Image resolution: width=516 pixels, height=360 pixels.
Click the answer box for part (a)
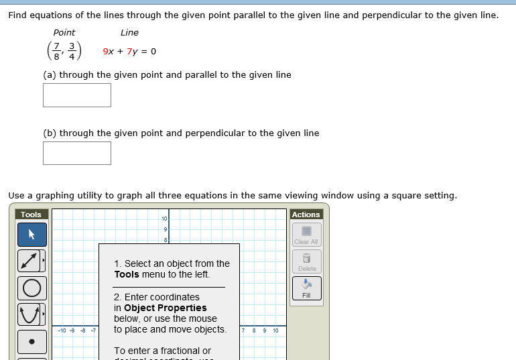point(77,95)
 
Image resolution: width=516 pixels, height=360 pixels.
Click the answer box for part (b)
point(77,153)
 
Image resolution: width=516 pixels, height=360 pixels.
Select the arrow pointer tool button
point(32,235)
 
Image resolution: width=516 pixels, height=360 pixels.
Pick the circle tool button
point(32,288)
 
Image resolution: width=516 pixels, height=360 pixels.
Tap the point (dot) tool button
point(32,341)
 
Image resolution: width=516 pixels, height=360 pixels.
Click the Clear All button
point(306,235)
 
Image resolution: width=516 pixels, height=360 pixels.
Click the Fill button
point(306,288)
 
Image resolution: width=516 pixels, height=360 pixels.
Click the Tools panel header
point(31,215)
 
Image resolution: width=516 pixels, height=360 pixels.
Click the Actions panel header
point(306,215)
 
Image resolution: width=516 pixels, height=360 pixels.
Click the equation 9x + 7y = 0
point(129,52)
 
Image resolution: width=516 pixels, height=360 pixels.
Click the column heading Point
point(64,32)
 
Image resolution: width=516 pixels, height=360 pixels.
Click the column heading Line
point(129,32)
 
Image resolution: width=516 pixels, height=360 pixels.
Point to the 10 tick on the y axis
point(164,219)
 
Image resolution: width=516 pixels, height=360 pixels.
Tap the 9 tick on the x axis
point(265,331)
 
